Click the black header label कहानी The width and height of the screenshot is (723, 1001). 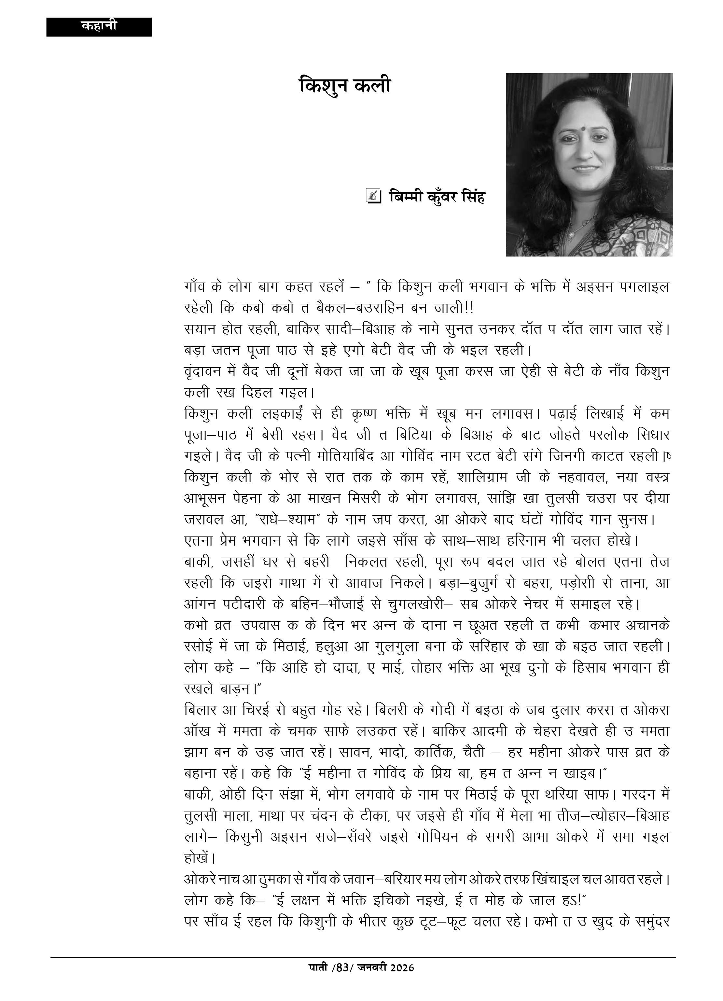coord(99,26)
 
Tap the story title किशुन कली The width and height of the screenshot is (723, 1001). coord(344,85)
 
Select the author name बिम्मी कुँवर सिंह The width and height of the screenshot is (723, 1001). coord(437,197)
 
